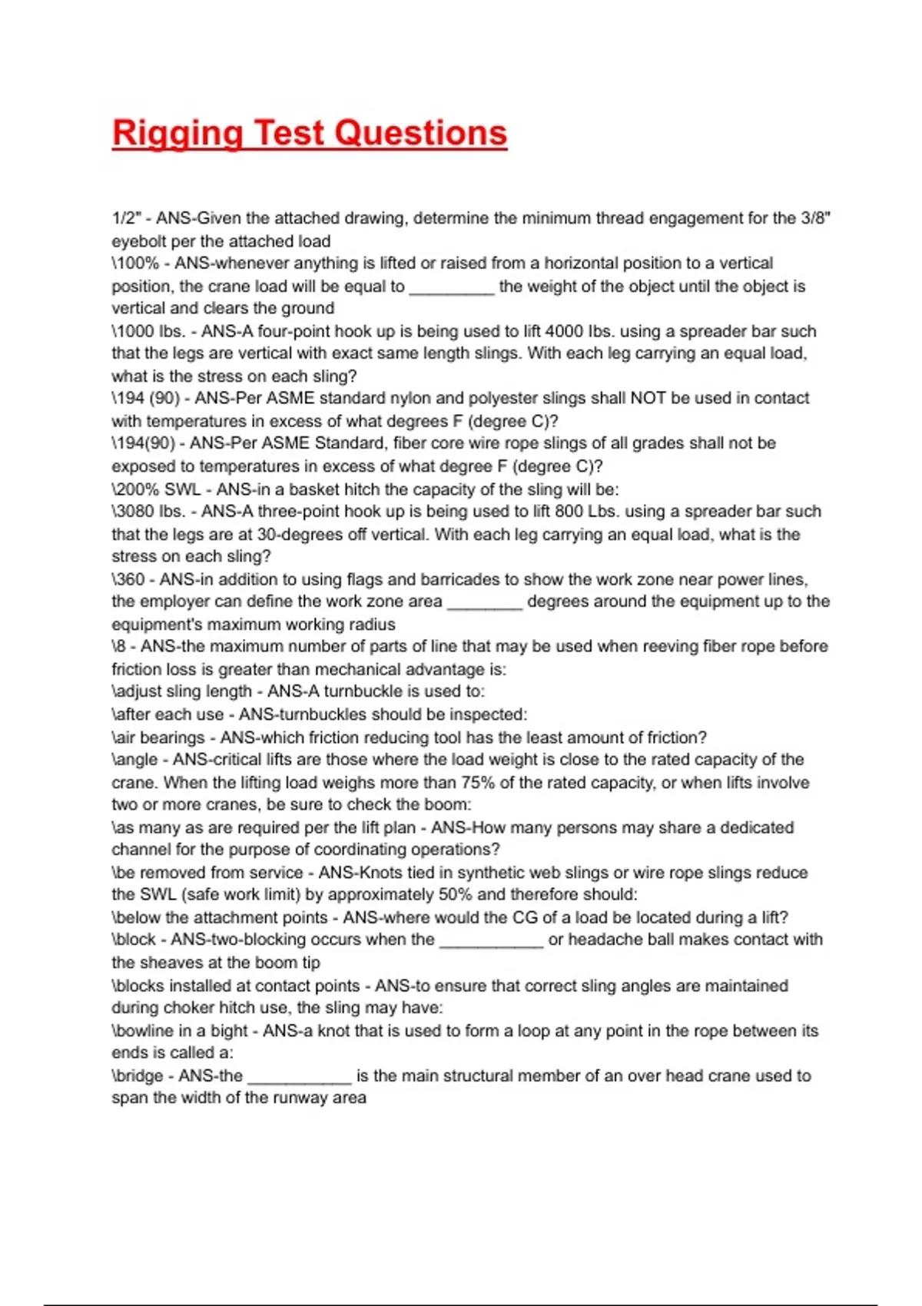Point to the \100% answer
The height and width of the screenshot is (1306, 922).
pyautogui.click(x=135, y=264)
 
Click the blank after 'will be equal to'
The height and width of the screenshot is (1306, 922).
pyautogui.click(x=452, y=287)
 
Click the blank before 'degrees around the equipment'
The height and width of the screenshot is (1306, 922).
pyautogui.click(x=485, y=602)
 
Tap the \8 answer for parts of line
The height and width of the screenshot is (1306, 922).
pyautogui.click(x=120, y=647)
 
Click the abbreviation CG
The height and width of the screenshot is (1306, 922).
pyautogui.click(x=526, y=917)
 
